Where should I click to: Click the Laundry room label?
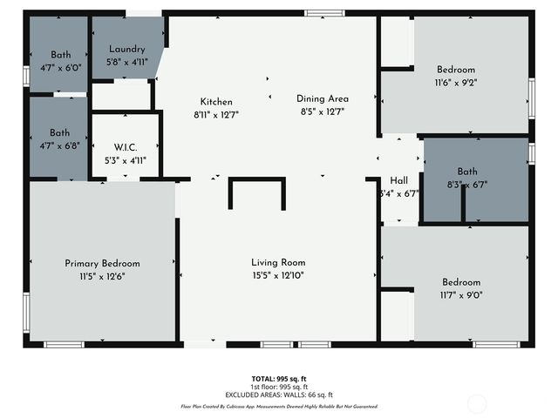pyautogui.click(x=127, y=50)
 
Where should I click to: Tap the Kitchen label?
pyautogui.click(x=215, y=101)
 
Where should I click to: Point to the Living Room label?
pyautogui.click(x=278, y=262)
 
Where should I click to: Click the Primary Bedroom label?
pyautogui.click(x=102, y=263)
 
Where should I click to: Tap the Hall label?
pyautogui.click(x=398, y=180)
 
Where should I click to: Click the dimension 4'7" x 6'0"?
pyautogui.click(x=59, y=67)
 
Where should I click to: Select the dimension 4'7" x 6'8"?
pyautogui.click(x=59, y=145)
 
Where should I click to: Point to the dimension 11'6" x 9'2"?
pyautogui.click(x=456, y=83)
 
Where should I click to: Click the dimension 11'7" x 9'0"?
pyautogui.click(x=460, y=295)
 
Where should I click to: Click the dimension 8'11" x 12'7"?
pyautogui.click(x=215, y=114)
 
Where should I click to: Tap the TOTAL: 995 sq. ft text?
pyautogui.click(x=278, y=379)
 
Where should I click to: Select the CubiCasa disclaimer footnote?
pyautogui.click(x=278, y=406)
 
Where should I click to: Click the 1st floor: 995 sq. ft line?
pyautogui.click(x=278, y=387)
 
